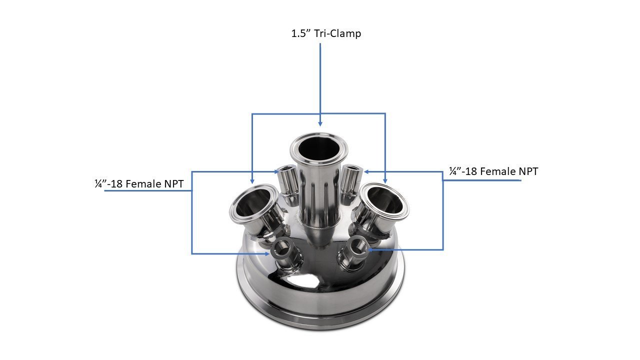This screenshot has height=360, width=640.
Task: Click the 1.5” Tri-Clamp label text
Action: (x=326, y=34)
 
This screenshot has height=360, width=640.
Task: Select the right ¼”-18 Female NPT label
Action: (x=493, y=171)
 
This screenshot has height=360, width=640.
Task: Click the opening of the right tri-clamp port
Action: (x=384, y=197)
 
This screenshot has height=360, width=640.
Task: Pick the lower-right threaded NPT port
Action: (x=356, y=247)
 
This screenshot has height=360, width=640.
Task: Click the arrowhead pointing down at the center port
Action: (x=320, y=122)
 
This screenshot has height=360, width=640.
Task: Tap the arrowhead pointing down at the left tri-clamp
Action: (x=252, y=179)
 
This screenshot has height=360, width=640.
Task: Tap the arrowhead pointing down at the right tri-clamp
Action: (x=385, y=179)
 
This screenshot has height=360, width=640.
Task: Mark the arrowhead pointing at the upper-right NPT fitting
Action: (x=366, y=171)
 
